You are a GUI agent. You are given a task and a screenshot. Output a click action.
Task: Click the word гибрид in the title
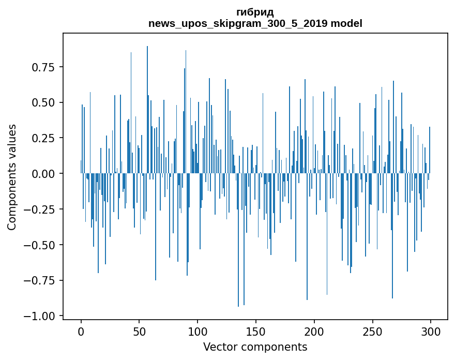[255, 12]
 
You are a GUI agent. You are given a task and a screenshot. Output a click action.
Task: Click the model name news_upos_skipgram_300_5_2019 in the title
[238, 24]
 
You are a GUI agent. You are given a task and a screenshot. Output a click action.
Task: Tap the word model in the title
[346, 24]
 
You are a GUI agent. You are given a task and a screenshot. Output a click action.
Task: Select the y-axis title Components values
[12, 177]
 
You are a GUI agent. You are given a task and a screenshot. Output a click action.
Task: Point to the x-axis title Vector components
[255, 347]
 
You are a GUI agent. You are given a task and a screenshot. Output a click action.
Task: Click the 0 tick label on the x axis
[81, 333]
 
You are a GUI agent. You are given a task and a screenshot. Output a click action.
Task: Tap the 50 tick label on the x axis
[139, 333]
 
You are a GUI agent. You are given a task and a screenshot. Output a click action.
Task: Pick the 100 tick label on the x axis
[198, 333]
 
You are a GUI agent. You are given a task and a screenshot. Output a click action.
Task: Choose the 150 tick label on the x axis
[256, 333]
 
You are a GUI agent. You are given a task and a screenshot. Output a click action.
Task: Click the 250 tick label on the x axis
[372, 333]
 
